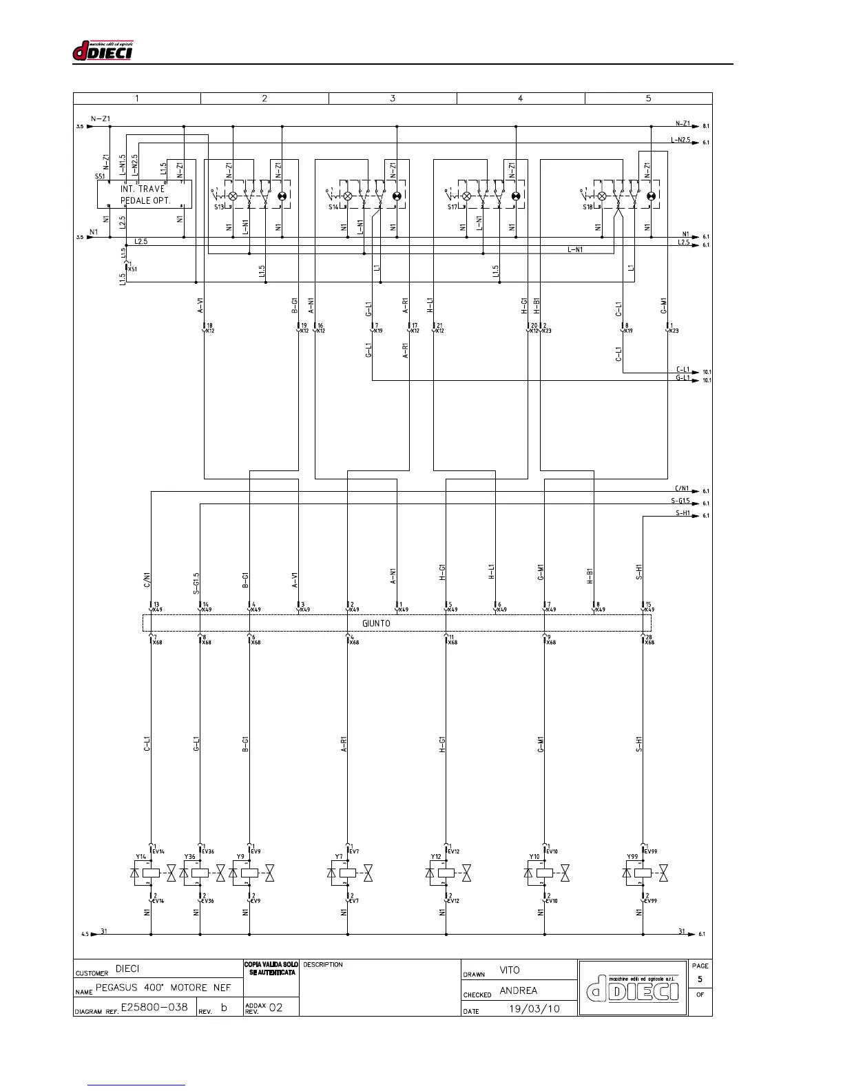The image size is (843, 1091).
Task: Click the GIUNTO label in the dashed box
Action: (376, 623)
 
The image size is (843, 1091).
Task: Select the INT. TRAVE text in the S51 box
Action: (143, 189)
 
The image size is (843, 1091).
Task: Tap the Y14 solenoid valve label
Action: (140, 857)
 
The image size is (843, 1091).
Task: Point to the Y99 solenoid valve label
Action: (632, 857)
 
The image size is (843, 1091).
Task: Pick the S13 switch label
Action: (218, 207)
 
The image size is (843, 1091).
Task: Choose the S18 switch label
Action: (587, 207)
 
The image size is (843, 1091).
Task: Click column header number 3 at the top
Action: (393, 98)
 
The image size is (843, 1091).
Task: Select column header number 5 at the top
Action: (648, 98)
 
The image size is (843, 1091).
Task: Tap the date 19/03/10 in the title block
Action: (534, 1008)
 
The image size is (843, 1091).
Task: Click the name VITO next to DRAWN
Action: (510, 970)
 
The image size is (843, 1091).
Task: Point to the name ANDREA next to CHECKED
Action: (518, 990)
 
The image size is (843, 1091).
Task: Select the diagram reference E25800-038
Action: (154, 1007)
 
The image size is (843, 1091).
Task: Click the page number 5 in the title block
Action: (700, 979)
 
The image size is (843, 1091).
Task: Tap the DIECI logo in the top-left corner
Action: (103, 51)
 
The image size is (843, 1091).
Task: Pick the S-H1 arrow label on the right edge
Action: (683, 513)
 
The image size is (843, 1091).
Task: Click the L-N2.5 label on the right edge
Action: (680, 140)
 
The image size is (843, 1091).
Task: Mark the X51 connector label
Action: (132, 269)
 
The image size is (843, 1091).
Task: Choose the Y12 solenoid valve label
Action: (436, 857)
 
